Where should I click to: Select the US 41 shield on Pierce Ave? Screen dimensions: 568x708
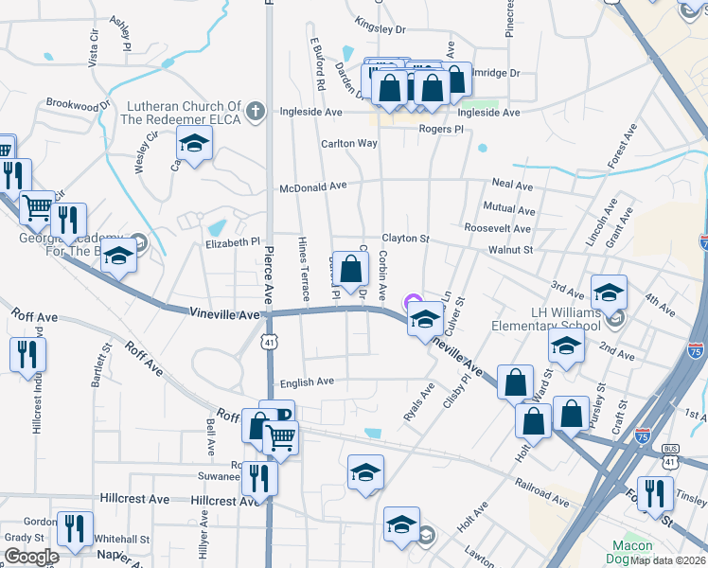pyautogui.click(x=270, y=345)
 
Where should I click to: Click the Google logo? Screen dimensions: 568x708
pyautogui.click(x=31, y=557)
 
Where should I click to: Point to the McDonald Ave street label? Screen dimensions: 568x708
pyautogui.click(x=312, y=187)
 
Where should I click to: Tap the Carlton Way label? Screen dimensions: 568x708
pyautogui.click(x=348, y=144)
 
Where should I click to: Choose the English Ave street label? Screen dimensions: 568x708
pyautogui.click(x=307, y=382)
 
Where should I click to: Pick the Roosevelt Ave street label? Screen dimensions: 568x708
pyautogui.click(x=500, y=228)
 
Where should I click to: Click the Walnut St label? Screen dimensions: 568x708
pyautogui.click(x=511, y=250)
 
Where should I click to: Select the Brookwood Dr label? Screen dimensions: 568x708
pyautogui.click(x=72, y=103)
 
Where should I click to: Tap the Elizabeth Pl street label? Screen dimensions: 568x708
pyautogui.click(x=232, y=242)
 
